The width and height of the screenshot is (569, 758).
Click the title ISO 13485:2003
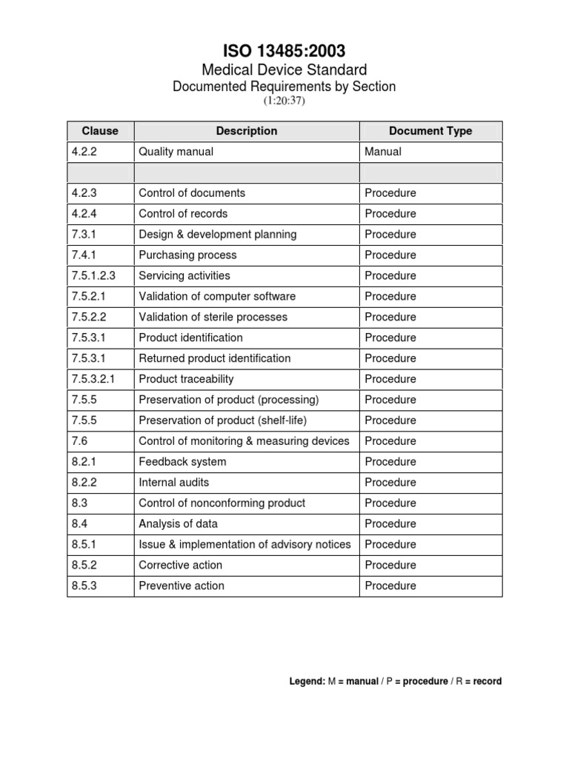click(x=284, y=50)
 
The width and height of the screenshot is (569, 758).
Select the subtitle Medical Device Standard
click(x=284, y=70)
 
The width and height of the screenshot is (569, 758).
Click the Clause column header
click(x=100, y=131)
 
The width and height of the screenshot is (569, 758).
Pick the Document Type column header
click(x=430, y=131)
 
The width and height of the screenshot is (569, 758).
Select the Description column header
click(x=247, y=131)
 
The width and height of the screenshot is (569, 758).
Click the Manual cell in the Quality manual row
click(x=383, y=152)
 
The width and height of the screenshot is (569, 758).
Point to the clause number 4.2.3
click(x=85, y=193)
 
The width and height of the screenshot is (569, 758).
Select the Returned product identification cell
click(x=215, y=359)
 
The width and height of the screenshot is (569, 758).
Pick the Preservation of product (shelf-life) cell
click(x=223, y=421)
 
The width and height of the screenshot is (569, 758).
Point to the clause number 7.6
click(x=79, y=442)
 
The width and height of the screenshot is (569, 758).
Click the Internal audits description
click(x=174, y=483)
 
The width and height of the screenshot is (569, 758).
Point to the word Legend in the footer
click(x=307, y=681)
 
